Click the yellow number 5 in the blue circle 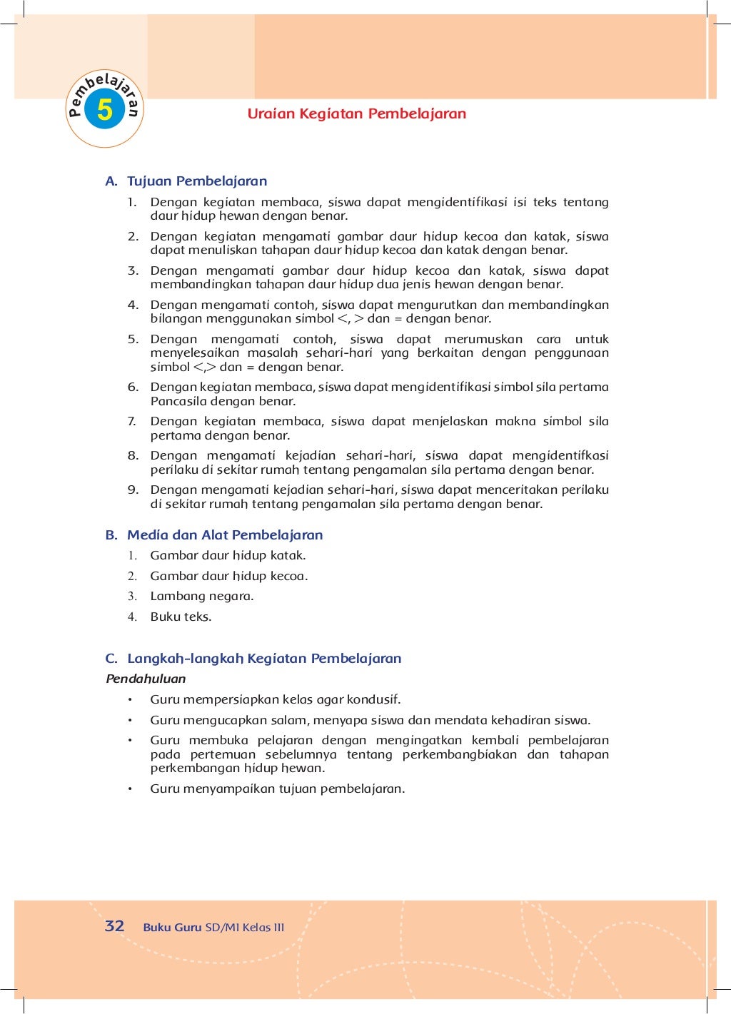[105, 110]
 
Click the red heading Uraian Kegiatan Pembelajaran [356, 113]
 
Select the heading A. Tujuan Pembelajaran [186, 181]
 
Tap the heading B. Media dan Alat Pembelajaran [214, 535]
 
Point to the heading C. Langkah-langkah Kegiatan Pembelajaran [253, 659]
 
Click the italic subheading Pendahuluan [146, 679]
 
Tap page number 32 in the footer [114, 926]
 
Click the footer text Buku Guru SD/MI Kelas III [213, 928]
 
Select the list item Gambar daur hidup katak [228, 555]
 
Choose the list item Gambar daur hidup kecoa [229, 576]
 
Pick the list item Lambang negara [202, 596]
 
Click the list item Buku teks [181, 617]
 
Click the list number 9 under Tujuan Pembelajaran [133, 490]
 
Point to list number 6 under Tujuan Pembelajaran [133, 387]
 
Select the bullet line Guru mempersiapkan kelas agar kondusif [275, 699]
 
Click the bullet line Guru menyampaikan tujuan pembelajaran [277, 789]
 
